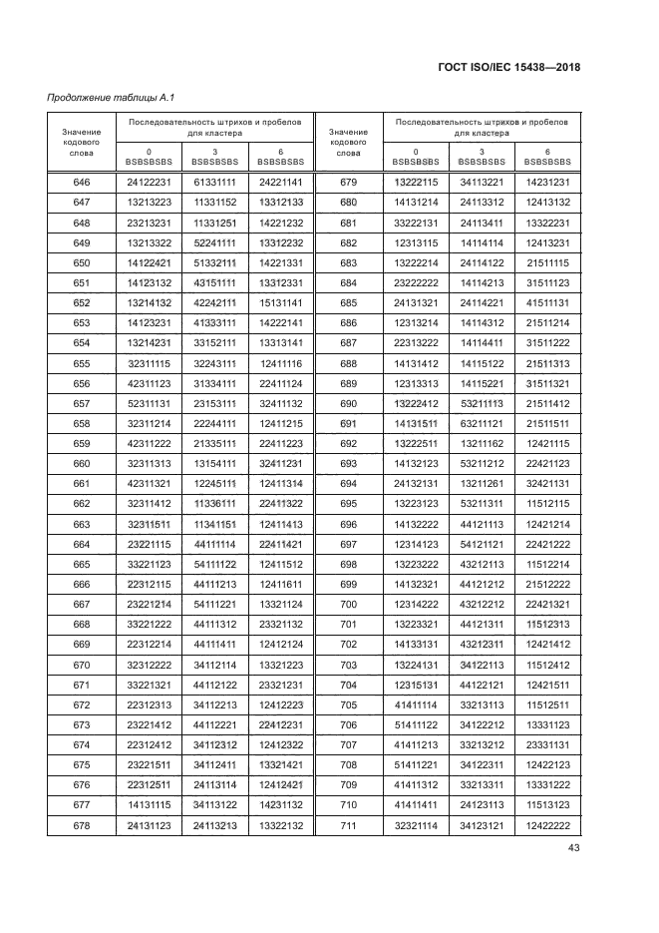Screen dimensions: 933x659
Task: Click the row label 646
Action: pos(82,182)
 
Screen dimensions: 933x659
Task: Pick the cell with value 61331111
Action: pos(215,182)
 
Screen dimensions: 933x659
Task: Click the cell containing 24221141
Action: pos(281,182)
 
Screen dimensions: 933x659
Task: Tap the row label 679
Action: pos(348,182)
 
